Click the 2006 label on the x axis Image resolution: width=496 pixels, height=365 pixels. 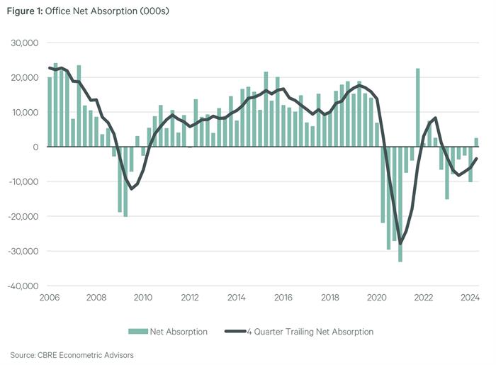pos(49,298)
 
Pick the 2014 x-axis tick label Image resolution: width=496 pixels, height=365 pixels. pos(236,298)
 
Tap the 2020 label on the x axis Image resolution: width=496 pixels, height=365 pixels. pos(377,298)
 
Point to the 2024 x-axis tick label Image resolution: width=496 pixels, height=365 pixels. pos(470,298)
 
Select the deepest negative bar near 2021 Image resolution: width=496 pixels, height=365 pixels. pos(400,204)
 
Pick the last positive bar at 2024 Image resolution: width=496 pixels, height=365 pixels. pos(476,142)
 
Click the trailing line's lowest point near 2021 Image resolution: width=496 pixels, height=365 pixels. pos(400,244)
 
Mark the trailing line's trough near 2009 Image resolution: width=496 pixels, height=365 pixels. pos(131,189)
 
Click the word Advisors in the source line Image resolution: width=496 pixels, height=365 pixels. pos(118,354)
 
